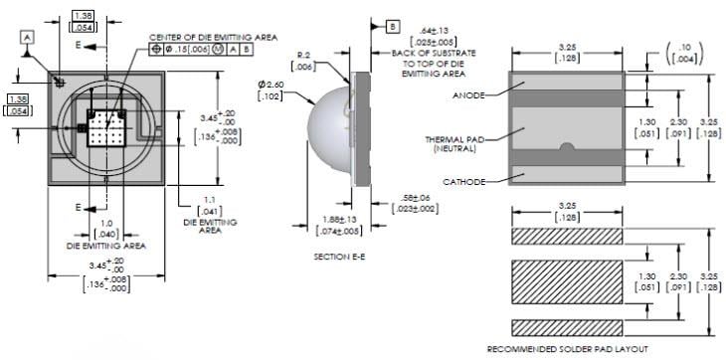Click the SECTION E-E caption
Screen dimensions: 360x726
click(341, 257)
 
